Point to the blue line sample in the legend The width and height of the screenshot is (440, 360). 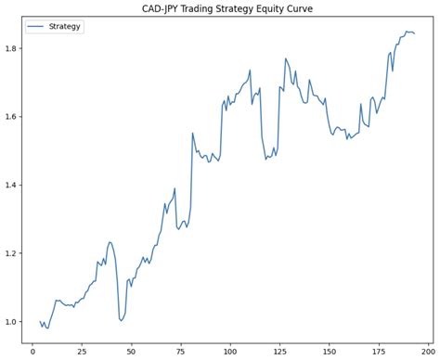[x=38, y=27]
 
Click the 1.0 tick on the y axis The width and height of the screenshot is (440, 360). [x=13, y=322]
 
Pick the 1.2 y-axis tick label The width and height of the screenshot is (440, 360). [x=13, y=253]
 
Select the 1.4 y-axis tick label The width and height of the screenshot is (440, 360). [x=13, y=185]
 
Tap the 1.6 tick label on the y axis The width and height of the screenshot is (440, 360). [x=13, y=117]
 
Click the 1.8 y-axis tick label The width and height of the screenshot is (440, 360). [x=13, y=48]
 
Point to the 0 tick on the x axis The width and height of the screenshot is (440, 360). [x=33, y=351]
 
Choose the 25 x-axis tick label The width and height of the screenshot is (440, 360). [x=83, y=351]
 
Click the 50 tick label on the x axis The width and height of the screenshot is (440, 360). [x=132, y=351]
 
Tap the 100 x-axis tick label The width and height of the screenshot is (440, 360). [x=230, y=351]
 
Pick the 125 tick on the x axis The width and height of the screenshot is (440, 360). [x=279, y=351]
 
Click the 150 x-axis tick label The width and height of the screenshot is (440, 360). [x=329, y=351]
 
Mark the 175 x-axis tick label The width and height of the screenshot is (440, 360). [x=378, y=351]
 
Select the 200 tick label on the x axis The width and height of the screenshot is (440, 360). [x=427, y=351]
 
